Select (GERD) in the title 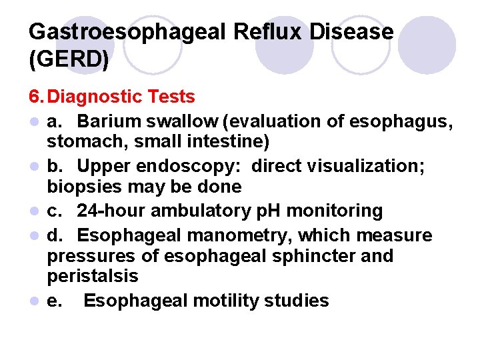(x=69, y=59)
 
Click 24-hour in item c (x=111, y=211)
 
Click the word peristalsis (x=92, y=275)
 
